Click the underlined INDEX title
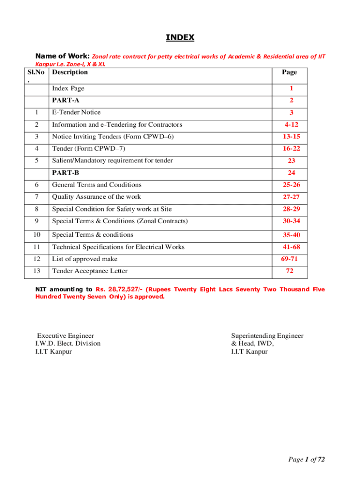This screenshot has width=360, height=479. coord(180,37)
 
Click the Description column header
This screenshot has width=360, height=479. coord(70,72)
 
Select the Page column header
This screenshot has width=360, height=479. coord(289,73)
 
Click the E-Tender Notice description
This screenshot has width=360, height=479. coord(76,112)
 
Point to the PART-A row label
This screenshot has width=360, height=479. coord(65,100)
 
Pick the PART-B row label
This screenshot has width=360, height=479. coord(65,173)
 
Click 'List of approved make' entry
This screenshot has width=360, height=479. coord(85,259)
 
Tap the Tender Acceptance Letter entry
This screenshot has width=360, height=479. coord(90,271)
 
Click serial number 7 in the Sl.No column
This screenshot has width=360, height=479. coord(36,197)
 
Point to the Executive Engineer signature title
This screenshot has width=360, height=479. coord(65,336)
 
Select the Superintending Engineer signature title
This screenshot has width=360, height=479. coord(267,336)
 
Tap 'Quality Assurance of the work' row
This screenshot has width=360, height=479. coord(96,197)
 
